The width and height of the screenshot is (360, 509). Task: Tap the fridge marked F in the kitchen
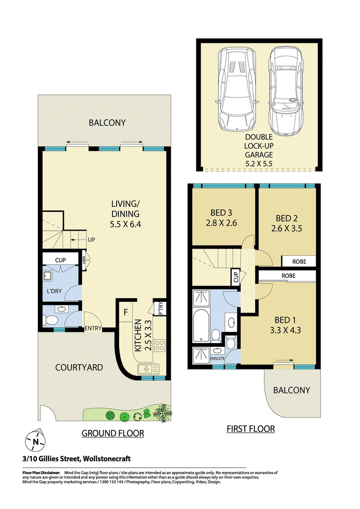click(x=126, y=313)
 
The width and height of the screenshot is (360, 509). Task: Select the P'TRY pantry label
click(x=160, y=309)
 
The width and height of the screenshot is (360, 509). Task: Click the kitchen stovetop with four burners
click(x=160, y=345)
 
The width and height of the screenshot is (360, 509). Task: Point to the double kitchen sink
click(x=148, y=369)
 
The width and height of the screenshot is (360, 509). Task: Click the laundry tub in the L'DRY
click(x=48, y=276)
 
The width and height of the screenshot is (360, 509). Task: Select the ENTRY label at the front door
click(x=93, y=328)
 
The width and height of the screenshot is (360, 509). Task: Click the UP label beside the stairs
click(x=91, y=240)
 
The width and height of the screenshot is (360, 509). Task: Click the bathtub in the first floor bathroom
click(x=201, y=325)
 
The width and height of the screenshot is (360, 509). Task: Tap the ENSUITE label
click(x=217, y=358)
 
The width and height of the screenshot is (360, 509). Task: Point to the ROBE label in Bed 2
click(x=299, y=261)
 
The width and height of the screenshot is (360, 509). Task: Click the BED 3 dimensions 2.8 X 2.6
click(x=221, y=223)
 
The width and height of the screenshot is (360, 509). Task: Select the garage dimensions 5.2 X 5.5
click(x=259, y=164)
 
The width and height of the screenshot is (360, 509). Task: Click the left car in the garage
click(x=236, y=89)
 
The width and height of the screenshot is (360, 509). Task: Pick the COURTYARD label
click(x=79, y=367)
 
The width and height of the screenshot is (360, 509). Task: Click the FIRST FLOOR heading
click(x=251, y=429)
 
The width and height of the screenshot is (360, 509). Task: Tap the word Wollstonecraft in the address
click(x=107, y=459)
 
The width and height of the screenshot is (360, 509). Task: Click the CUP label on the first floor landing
click(x=235, y=277)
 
